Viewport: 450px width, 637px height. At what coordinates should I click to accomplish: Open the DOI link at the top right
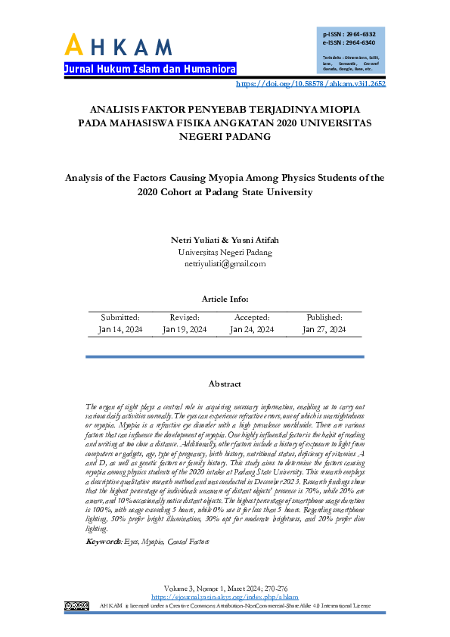311,84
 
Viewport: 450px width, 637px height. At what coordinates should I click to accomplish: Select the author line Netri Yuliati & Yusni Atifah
225,241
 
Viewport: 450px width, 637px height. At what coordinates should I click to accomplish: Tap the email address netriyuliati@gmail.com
225,264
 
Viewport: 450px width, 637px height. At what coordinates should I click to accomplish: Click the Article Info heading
225,300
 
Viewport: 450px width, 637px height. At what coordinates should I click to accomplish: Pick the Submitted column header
120,318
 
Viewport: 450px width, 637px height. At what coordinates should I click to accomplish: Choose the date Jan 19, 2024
185,330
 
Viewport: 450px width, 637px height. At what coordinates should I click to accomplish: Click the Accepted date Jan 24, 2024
252,330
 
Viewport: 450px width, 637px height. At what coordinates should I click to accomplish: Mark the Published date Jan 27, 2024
324,330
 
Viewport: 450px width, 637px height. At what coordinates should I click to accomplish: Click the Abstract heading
225,384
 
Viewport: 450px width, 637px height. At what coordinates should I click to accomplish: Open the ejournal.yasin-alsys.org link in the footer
225,597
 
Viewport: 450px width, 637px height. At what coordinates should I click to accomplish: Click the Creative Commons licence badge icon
76,605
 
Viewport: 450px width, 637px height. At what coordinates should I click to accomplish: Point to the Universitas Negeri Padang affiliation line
225,253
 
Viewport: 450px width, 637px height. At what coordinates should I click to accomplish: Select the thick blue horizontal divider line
225,356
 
